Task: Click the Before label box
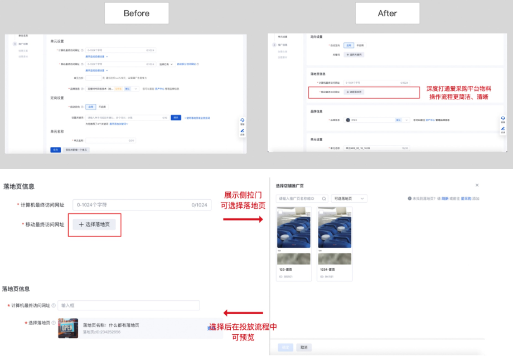click(x=137, y=13)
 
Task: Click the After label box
click(x=387, y=13)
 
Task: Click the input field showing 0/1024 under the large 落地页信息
click(x=142, y=205)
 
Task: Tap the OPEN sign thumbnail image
click(x=68, y=328)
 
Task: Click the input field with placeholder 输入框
click(x=128, y=305)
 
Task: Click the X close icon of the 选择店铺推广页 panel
click(x=477, y=185)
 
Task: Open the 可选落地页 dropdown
click(x=349, y=199)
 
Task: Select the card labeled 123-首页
click(x=294, y=243)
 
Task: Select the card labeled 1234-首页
click(x=335, y=243)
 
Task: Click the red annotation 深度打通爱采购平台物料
click(x=458, y=89)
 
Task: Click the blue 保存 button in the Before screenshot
click(x=55, y=150)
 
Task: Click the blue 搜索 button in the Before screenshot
click(x=176, y=117)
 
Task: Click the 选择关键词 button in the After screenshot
click(x=354, y=55)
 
